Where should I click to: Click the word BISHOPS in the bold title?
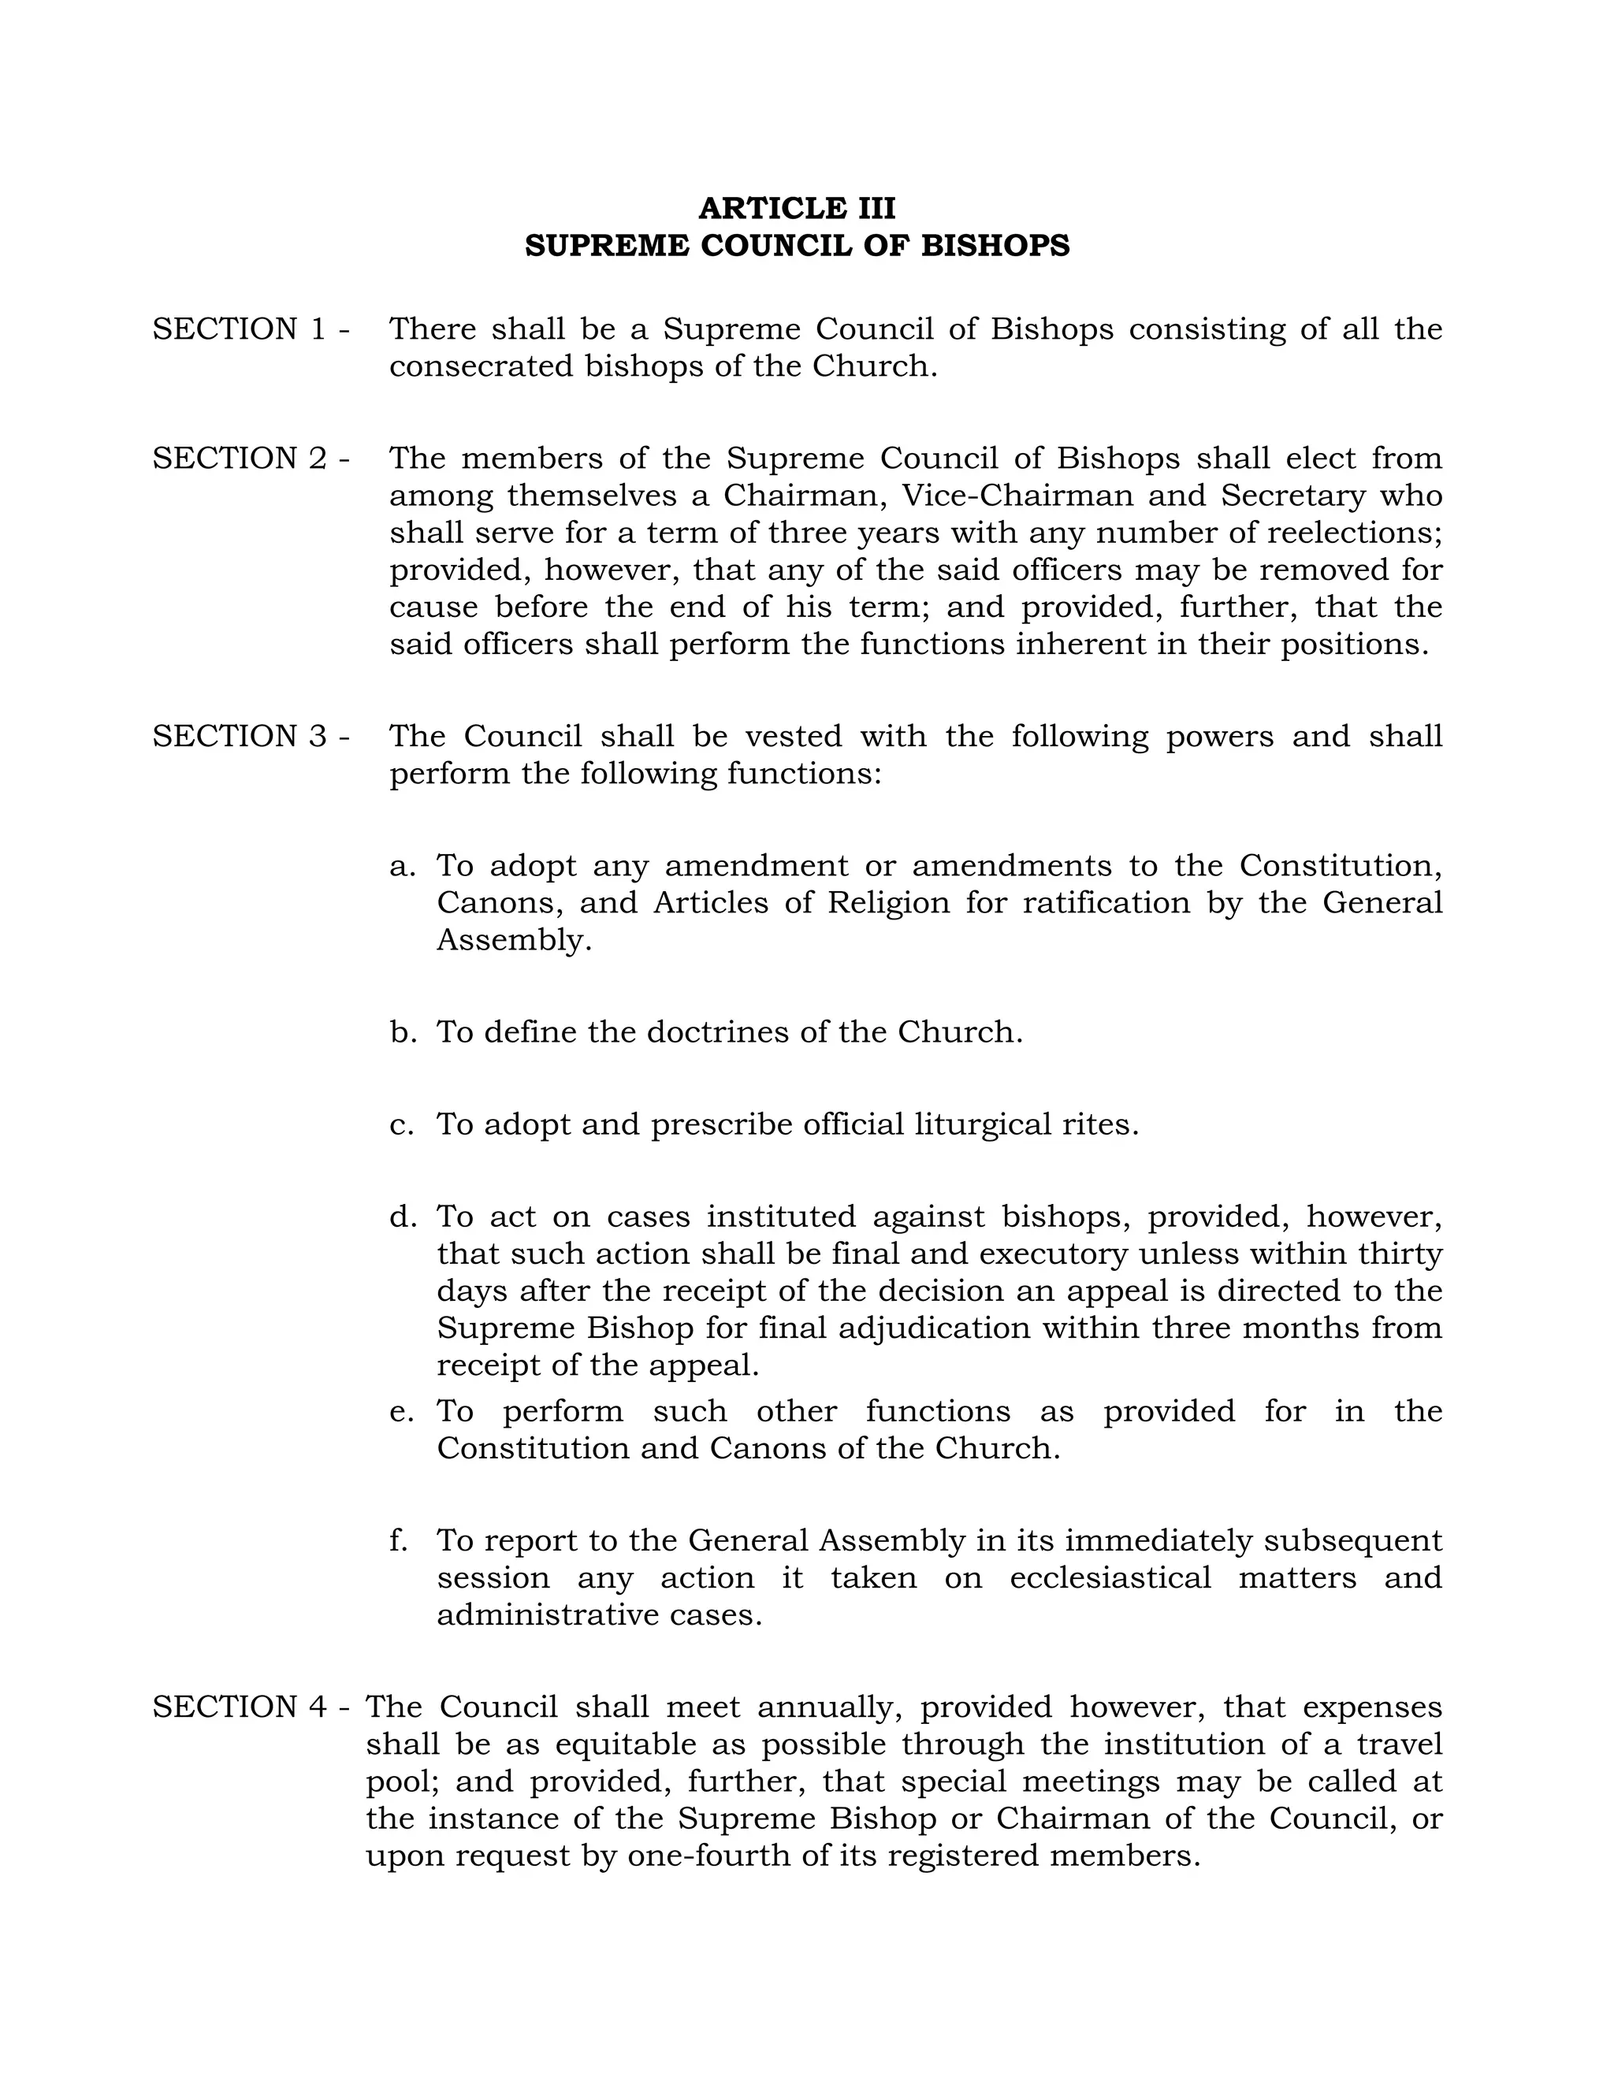995,246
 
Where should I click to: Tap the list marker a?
403,866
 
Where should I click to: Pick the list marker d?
403,1217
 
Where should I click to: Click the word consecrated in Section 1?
480,366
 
